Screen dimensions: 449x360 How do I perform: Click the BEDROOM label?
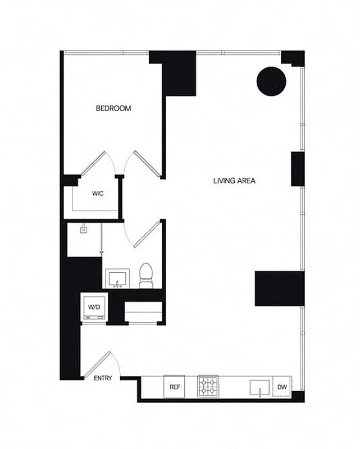(x=113, y=108)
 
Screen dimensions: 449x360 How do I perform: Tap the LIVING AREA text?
(x=235, y=181)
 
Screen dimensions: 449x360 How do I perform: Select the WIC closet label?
(x=97, y=194)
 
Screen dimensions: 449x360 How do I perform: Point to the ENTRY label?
(x=103, y=378)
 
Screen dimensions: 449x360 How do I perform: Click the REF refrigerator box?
(x=174, y=387)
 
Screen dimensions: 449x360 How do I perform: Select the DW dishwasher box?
(x=280, y=387)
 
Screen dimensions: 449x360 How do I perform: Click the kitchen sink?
(x=259, y=387)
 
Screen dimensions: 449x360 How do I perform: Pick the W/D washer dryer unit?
(x=93, y=308)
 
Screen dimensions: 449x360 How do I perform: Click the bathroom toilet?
(x=146, y=276)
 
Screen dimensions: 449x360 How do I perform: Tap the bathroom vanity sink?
(x=118, y=278)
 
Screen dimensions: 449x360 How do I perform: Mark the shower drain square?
(x=83, y=228)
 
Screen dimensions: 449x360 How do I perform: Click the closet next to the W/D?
(x=143, y=312)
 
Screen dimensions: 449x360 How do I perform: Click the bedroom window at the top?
(x=107, y=53)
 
